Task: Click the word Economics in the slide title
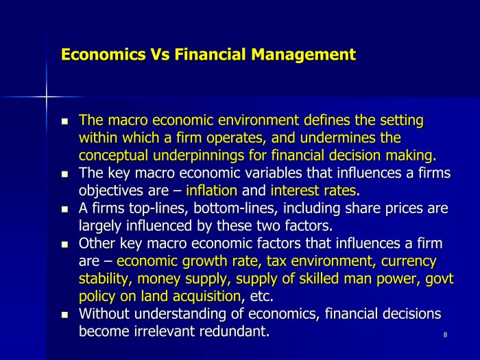coord(104,54)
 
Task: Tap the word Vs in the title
coord(160,54)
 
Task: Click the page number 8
coord(445,335)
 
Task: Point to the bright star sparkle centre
coord(47,97)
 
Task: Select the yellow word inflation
coord(211,191)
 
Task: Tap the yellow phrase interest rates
coord(313,191)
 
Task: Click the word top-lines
coord(158,208)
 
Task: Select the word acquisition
coord(206,297)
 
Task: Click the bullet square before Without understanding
coord(64,314)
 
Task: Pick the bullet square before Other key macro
coord(64,244)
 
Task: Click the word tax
coord(276,262)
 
